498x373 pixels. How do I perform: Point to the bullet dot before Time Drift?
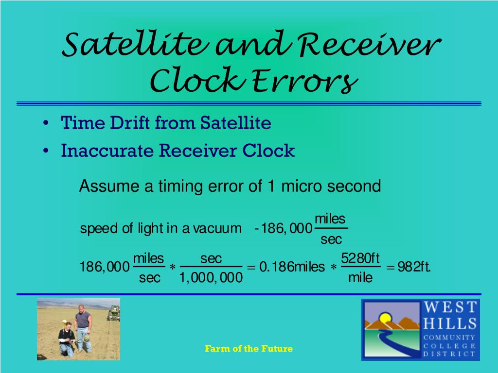[x=45, y=123]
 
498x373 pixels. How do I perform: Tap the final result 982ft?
[x=414, y=267]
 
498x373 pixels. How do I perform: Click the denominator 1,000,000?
[x=211, y=278]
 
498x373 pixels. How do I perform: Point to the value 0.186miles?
[x=292, y=267]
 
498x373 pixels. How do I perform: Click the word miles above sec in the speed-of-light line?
[x=330, y=219]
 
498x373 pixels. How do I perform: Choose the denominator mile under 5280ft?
[x=360, y=278]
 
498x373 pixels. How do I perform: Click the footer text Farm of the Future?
[x=249, y=349]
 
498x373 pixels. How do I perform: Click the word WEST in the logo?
[x=450, y=308]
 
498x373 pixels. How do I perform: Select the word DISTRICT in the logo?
[x=449, y=354]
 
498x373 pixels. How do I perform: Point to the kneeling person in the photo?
[x=66, y=340]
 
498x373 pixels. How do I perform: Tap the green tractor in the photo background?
[x=114, y=313]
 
